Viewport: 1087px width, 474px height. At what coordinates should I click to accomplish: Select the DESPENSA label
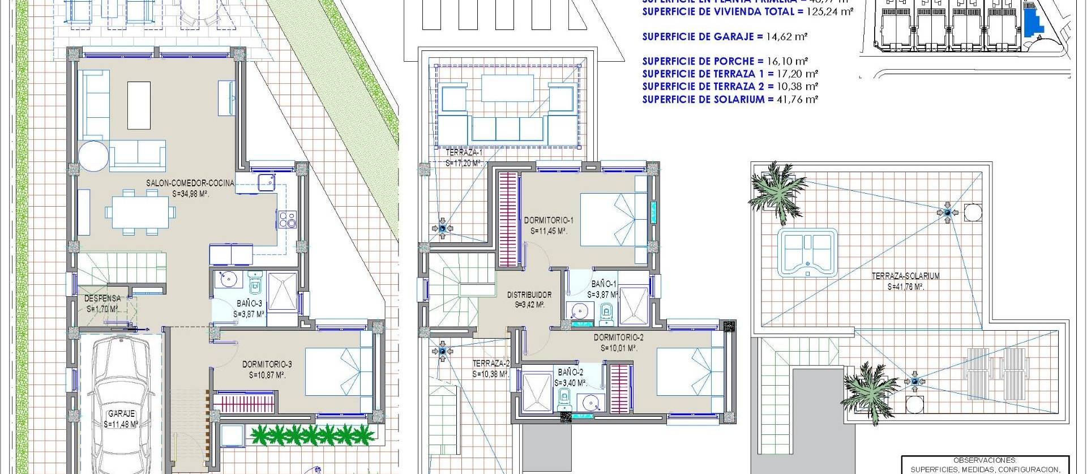[x=102, y=298]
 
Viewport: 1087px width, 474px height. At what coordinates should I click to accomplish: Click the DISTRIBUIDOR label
[x=529, y=295]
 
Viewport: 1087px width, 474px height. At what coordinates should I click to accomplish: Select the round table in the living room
[x=93, y=156]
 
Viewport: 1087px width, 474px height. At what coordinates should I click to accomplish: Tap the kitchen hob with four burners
[x=287, y=219]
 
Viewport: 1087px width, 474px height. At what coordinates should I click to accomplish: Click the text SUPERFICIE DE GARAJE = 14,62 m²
[x=725, y=37]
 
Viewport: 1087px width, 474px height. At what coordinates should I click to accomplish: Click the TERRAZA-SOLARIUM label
[x=897, y=276]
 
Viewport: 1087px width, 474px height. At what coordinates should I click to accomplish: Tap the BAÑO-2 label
[x=570, y=373]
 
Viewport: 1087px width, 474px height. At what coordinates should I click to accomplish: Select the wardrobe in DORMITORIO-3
[x=246, y=404]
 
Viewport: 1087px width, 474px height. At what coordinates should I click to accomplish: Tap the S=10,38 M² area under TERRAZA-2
[x=491, y=374]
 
